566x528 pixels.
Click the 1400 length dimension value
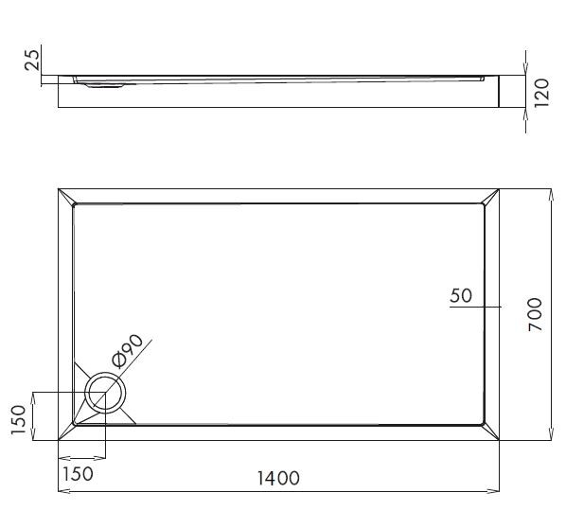tap(277, 479)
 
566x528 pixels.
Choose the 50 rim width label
tap(461, 295)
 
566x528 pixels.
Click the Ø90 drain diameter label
tap(127, 350)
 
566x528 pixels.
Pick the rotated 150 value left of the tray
tap(17, 416)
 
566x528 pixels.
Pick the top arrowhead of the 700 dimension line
tap(551, 192)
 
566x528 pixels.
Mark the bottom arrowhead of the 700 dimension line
tap(551, 436)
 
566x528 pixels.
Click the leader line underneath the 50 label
tap(473, 307)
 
